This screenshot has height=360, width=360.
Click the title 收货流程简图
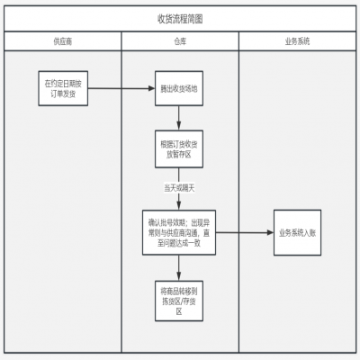(x=180, y=19)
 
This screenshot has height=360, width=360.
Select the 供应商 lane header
(x=63, y=42)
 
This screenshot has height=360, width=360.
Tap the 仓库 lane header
(x=180, y=42)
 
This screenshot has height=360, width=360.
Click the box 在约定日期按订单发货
(x=63, y=88)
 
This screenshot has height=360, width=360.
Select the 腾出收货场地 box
(x=180, y=89)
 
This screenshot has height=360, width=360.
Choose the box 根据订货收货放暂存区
(x=180, y=148)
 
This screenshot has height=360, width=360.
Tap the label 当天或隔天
(x=180, y=188)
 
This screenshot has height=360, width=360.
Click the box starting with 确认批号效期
(x=180, y=231)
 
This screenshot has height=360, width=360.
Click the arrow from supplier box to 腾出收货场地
(x=121, y=88)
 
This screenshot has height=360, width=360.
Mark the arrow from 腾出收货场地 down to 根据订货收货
(x=180, y=116)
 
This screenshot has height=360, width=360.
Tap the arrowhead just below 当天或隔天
(x=180, y=202)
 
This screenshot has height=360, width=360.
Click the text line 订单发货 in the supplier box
(x=63, y=94)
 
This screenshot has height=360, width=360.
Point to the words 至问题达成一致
(x=180, y=243)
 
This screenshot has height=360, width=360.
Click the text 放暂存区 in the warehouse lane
(x=180, y=155)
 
